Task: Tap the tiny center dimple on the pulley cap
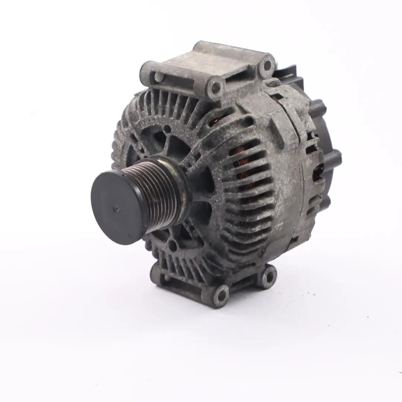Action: (117, 209)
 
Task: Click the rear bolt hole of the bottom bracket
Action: (268, 275)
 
